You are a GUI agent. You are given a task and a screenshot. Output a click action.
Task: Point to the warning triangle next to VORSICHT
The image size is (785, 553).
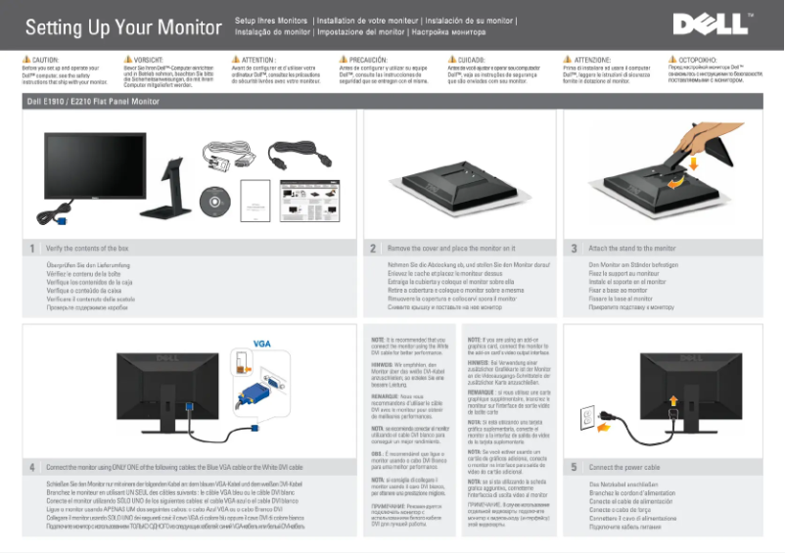(x=116, y=61)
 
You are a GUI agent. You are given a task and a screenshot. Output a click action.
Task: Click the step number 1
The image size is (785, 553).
(x=31, y=249)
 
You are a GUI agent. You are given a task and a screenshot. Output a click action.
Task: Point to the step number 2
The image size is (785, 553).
(x=373, y=249)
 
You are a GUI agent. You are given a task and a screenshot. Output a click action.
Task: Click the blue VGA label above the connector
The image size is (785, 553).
(x=261, y=343)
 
